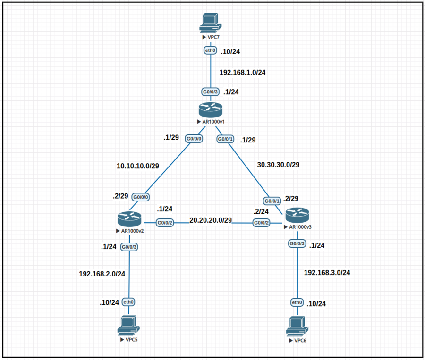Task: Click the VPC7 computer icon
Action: [210, 22]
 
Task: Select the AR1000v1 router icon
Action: [210, 109]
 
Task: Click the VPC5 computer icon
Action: [128, 324]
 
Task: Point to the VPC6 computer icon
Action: [297, 326]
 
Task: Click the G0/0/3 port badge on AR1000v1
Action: [210, 92]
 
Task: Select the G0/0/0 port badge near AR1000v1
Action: [194, 139]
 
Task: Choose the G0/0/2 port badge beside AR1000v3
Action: [262, 222]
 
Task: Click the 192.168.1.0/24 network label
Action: [242, 72]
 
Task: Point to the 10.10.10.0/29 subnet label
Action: [138, 166]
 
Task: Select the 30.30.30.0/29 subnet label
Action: [278, 165]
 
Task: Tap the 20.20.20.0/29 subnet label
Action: [211, 220]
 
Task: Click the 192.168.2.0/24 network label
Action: [102, 274]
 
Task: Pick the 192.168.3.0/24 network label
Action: [327, 272]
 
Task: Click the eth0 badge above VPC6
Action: [297, 302]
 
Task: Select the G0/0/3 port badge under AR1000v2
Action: [129, 247]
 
